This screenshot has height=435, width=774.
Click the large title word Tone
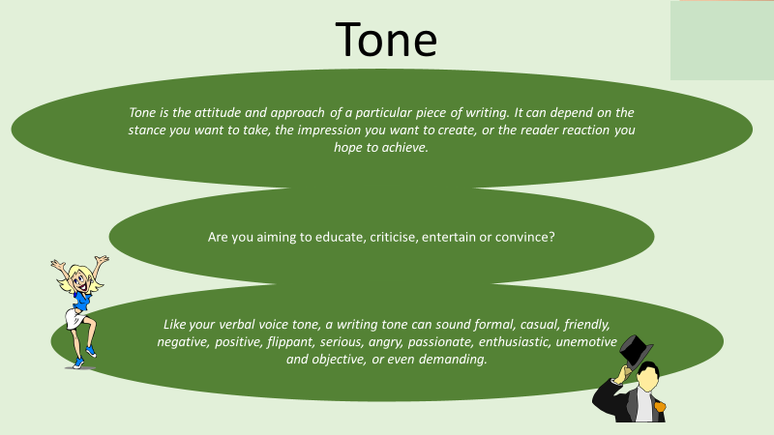pyautogui.click(x=386, y=39)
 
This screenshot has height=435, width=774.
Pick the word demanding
pyautogui.click(x=453, y=359)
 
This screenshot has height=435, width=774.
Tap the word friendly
pyautogui.click(x=587, y=325)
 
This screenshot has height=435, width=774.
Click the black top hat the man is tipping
pyautogui.click(x=636, y=350)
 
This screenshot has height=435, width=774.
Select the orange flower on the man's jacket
pyautogui.click(x=660, y=406)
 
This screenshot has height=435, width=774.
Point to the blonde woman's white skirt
pyautogui.click(x=74, y=318)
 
